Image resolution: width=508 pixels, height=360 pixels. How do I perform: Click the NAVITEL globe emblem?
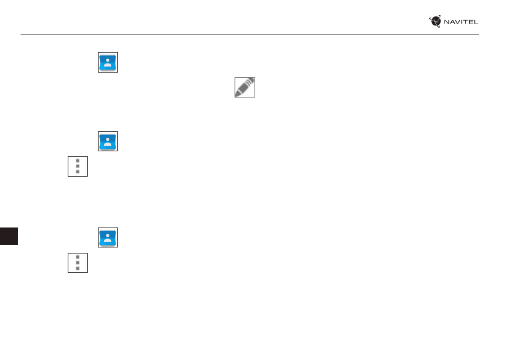tap(435, 22)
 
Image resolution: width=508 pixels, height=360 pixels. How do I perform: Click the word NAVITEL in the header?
tap(461, 22)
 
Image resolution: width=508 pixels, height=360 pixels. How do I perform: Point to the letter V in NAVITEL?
tap(458, 22)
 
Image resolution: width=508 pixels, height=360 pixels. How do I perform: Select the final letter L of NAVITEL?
tap(476, 22)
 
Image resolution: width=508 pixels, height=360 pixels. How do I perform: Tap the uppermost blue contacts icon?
tap(108, 63)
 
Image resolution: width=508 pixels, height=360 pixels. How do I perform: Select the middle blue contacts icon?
tap(108, 142)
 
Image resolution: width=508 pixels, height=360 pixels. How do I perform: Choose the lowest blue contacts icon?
tap(108, 237)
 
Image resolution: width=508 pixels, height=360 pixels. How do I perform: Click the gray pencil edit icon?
tap(245, 88)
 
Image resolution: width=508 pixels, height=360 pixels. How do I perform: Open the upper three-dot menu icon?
tap(77, 166)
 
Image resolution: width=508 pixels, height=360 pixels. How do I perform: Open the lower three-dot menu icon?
tap(77, 263)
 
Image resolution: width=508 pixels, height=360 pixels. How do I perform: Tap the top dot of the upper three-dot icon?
tap(77, 161)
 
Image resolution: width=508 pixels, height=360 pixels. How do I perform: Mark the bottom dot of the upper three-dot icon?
tap(77, 172)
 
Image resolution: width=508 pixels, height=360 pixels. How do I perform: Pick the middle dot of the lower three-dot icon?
tap(77, 263)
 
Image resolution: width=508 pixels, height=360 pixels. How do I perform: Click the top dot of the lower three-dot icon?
tap(77, 257)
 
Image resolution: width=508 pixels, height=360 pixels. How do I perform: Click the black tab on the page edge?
tap(9, 236)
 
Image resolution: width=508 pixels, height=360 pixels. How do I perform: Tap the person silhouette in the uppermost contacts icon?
tap(108, 63)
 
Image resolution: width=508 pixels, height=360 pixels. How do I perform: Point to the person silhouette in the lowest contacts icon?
tap(108, 237)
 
